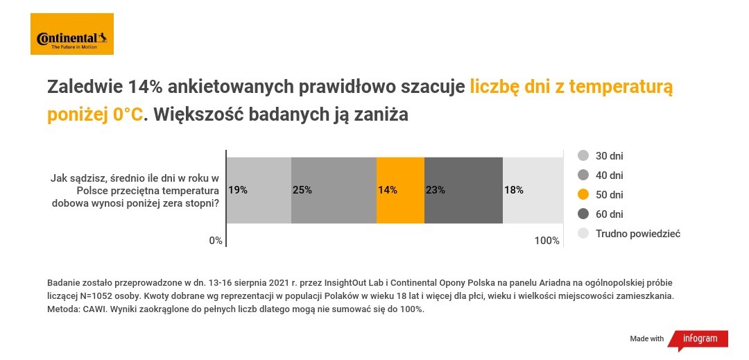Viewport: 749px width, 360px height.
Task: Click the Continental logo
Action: (72, 34)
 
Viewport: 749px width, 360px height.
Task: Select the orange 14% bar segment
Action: (400, 190)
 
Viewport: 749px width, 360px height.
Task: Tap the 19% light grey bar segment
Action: (259, 190)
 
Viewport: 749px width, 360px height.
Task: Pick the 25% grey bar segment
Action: (334, 190)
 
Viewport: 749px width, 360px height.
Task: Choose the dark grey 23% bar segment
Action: (463, 190)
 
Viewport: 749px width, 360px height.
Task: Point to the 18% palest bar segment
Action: (532, 190)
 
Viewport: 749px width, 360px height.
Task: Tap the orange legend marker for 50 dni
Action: (583, 195)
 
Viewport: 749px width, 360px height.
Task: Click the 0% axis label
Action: (215, 241)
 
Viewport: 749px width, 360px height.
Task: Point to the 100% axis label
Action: (546, 241)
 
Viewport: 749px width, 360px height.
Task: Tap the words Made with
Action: (646, 338)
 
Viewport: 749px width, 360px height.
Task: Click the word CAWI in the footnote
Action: (92, 309)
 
